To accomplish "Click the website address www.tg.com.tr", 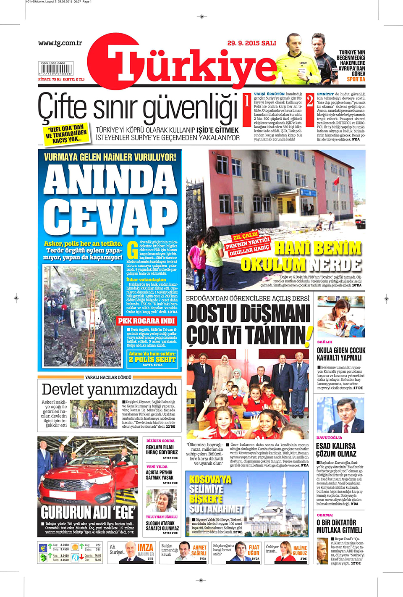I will (x=60, y=43).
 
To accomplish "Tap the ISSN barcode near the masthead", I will (x=56, y=68).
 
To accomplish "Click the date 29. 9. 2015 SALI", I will (x=251, y=43).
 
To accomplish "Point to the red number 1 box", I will (x=247, y=101).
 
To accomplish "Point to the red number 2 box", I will (x=310, y=101).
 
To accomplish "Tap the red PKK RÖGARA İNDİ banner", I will (x=147, y=321).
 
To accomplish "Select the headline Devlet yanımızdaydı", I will (x=110, y=389).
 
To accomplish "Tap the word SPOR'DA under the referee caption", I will (x=356, y=79).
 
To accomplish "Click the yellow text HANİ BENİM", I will (x=318, y=248).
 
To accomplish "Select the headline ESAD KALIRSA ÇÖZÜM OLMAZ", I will (x=336, y=450).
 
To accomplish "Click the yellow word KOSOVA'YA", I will (x=210, y=479).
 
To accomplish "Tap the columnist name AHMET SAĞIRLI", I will (x=199, y=550).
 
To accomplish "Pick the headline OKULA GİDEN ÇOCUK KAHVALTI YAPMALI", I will (x=341, y=354).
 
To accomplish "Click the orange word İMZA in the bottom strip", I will (x=145, y=547).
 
